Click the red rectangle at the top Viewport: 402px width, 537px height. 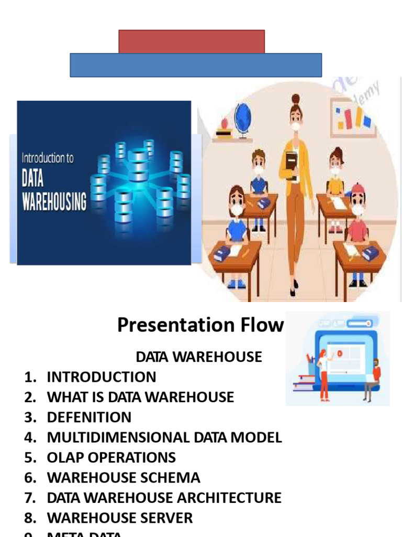click(192, 41)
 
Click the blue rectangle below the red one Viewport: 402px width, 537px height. click(196, 65)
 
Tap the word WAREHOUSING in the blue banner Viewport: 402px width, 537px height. click(54, 201)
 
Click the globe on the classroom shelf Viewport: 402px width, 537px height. click(242, 119)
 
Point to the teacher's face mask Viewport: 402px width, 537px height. click(296, 127)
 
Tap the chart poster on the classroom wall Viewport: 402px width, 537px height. click(353, 119)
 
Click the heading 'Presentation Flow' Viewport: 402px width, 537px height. click(200, 325)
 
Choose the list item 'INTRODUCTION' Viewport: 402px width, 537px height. click(102, 377)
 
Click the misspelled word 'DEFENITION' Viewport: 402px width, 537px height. click(89, 417)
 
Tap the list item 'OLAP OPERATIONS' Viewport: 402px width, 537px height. click(111, 457)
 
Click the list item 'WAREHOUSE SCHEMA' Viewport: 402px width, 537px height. click(124, 478)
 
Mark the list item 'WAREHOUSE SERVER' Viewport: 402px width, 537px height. click(120, 518)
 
